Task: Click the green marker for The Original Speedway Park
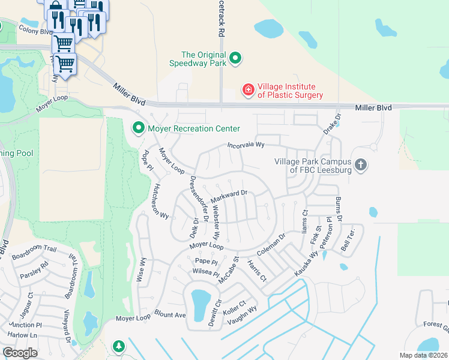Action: pos(236,58)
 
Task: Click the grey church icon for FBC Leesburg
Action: pos(360,164)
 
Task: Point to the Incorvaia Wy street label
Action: pos(246,145)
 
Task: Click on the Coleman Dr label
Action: pos(270,244)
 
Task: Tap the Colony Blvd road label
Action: pos(35,30)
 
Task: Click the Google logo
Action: pos(20,353)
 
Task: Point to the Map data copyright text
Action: pos(423,355)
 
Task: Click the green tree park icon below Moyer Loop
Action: pos(119,346)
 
